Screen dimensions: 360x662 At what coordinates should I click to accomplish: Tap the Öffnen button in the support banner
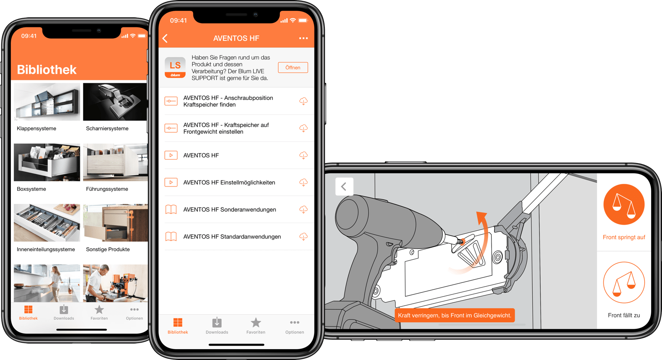coord(293,68)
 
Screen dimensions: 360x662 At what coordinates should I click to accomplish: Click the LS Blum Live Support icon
coord(175,68)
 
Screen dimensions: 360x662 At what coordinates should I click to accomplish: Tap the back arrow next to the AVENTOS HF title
coord(165,39)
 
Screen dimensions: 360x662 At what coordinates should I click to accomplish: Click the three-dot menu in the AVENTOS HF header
coord(303,39)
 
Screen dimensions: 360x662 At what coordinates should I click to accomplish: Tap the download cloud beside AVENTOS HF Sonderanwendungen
coord(303,209)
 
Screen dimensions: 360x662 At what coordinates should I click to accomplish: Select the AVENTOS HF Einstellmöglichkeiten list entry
coord(229,183)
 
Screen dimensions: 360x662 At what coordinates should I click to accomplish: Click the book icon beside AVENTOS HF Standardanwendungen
coord(171,237)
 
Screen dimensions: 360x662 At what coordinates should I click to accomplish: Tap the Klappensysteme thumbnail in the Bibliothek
coord(47,102)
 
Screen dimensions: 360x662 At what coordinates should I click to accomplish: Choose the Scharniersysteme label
coord(107,128)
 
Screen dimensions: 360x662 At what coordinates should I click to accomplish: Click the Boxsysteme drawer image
coord(47,163)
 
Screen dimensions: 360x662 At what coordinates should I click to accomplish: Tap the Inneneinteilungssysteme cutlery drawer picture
coord(47,223)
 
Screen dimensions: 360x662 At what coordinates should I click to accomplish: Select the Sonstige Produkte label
coord(108,249)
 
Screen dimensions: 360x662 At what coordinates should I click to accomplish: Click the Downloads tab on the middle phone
coord(217,326)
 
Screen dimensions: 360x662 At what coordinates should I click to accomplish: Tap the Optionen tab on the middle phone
coord(295,326)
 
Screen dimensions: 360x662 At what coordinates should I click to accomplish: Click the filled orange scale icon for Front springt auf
coord(623,205)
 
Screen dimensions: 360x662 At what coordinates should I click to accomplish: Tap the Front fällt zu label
coord(623,315)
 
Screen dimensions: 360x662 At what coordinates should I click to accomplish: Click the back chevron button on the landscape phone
coord(344,187)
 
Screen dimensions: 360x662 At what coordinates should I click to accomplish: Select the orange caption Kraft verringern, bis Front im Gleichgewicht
coord(454,315)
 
